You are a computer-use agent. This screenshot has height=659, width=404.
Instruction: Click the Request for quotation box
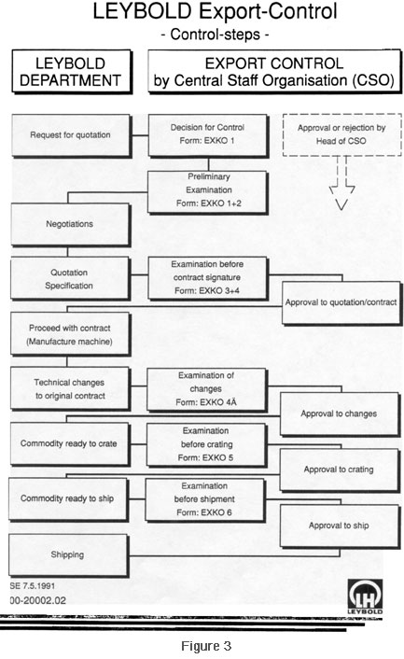(71, 135)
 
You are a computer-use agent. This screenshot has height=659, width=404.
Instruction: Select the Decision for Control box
(208, 135)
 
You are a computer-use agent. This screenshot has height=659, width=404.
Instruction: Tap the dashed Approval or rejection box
(341, 134)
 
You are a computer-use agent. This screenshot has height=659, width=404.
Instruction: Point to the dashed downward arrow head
(341, 197)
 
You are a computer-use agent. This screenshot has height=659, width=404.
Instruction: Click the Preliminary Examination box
(207, 191)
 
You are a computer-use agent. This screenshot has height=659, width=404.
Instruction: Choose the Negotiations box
(70, 224)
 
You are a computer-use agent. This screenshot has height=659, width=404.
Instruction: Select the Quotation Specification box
(70, 278)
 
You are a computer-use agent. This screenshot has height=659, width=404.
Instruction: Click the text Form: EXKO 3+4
(207, 291)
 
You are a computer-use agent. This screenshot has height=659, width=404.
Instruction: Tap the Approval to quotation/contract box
(341, 303)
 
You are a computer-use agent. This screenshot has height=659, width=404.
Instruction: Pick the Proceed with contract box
(70, 334)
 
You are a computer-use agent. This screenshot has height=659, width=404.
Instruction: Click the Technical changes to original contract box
(70, 388)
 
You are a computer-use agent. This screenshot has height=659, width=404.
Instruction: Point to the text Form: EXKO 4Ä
(206, 402)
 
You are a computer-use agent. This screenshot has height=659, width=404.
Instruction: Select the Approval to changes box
(340, 414)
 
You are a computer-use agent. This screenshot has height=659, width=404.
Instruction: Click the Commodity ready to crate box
(70, 444)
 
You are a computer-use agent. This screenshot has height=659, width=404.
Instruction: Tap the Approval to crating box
(340, 470)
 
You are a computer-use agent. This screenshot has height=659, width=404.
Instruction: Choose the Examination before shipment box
(205, 499)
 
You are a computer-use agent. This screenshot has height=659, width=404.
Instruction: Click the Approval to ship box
(340, 526)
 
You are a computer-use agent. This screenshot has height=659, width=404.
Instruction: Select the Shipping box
(68, 555)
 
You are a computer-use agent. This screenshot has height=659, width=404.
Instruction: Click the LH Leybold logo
(365, 596)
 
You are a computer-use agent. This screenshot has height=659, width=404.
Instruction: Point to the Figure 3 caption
(206, 646)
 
